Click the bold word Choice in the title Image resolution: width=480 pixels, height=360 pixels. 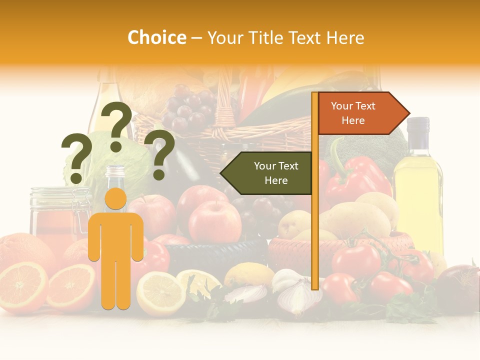(x=156, y=37)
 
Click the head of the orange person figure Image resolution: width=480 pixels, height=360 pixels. (x=116, y=198)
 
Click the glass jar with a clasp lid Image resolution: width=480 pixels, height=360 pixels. (x=52, y=215)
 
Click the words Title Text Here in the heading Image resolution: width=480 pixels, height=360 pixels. (x=285, y=37)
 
